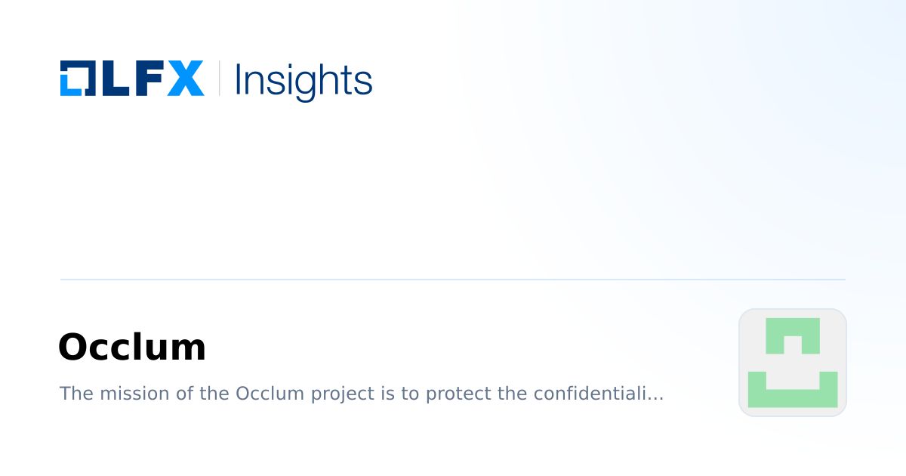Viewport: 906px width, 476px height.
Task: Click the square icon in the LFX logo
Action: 76,79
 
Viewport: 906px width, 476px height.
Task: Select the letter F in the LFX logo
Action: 148,79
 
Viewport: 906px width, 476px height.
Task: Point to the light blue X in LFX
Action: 185,79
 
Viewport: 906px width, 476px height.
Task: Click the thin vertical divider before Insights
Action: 219,79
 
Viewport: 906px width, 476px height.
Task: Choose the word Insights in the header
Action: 304,80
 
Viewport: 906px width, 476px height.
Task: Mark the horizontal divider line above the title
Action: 453,280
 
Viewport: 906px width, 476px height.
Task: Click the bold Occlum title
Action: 132,348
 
